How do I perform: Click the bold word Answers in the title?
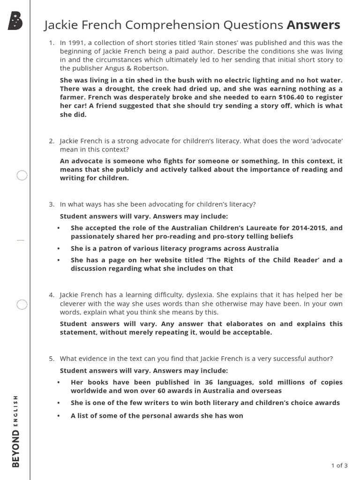[x=313, y=25]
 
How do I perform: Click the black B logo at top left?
[x=15, y=22]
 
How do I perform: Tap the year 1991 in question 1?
[x=75, y=43]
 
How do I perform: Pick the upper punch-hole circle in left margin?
[x=22, y=176]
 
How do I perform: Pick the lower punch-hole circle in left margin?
[x=22, y=305]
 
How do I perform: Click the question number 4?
[x=52, y=295]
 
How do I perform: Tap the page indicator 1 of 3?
[x=339, y=465]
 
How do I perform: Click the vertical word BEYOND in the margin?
[x=16, y=449]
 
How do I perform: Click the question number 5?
[x=52, y=359]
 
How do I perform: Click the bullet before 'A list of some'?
[x=59, y=416]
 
